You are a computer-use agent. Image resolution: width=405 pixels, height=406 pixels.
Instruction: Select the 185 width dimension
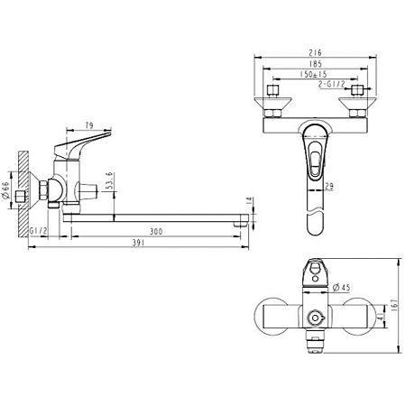click(x=315, y=68)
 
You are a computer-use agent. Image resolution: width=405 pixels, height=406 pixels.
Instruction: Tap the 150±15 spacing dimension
click(x=315, y=78)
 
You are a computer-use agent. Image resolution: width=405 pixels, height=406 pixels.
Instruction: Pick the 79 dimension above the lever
click(x=88, y=125)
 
